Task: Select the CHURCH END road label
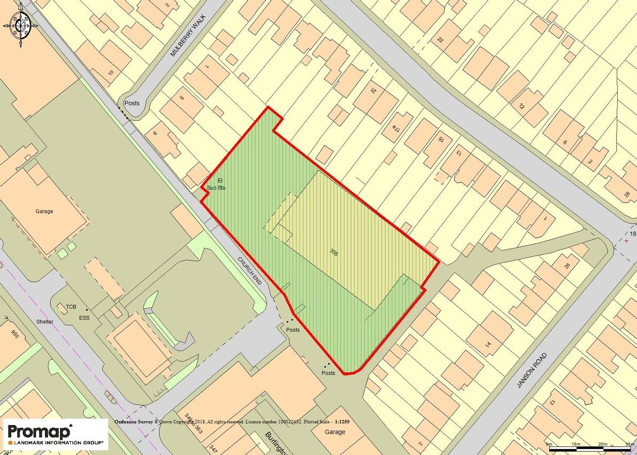(250, 269)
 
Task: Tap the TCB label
(71, 307)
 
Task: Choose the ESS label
(84, 318)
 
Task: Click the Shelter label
(45, 322)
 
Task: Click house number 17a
(396, 128)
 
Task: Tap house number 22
(441, 40)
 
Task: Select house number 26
(566, 266)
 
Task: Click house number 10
(111, 72)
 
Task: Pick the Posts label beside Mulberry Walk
(132, 103)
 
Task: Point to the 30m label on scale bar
(629, 444)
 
